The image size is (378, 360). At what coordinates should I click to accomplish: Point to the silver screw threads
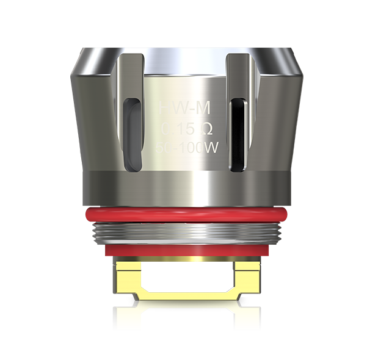pyautogui.click(x=187, y=234)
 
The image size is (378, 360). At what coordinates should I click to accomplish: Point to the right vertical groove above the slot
pyautogui.click(x=237, y=73)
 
